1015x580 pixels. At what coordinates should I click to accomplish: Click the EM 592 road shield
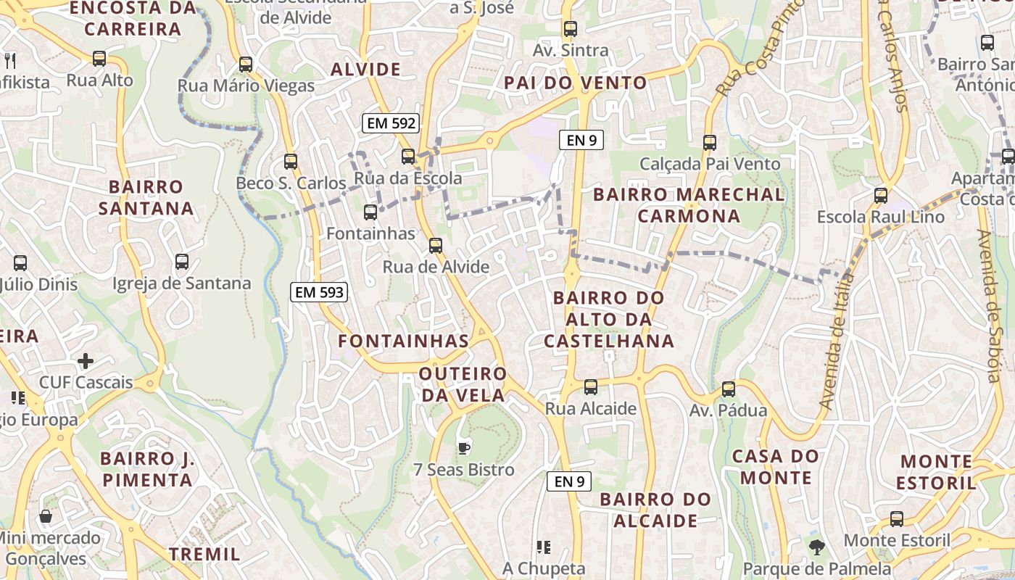pyautogui.click(x=391, y=123)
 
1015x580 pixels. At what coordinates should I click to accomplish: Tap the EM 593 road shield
pyautogui.click(x=319, y=293)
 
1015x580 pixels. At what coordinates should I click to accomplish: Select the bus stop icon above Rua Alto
pyautogui.click(x=99, y=59)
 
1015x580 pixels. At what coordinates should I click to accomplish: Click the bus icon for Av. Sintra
pyautogui.click(x=571, y=29)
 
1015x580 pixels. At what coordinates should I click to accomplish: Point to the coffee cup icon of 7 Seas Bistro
pyautogui.click(x=464, y=447)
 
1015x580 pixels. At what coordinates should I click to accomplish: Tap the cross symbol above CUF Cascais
pyautogui.click(x=86, y=360)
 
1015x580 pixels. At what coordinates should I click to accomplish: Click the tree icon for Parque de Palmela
pyautogui.click(x=817, y=547)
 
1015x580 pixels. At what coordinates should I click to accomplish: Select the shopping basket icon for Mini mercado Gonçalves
pyautogui.click(x=46, y=516)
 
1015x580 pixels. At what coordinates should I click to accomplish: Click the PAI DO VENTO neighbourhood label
pyautogui.click(x=576, y=83)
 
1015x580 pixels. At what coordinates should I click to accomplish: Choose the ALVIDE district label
pyautogui.click(x=365, y=70)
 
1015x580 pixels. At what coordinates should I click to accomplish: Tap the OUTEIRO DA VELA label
pyautogui.click(x=463, y=384)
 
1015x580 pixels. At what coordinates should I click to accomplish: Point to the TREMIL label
pyautogui.click(x=204, y=554)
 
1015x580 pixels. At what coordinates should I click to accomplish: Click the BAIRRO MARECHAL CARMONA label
pyautogui.click(x=689, y=205)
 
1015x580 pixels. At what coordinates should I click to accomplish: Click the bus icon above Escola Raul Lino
pyautogui.click(x=881, y=195)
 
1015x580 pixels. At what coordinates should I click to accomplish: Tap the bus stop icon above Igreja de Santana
pyautogui.click(x=182, y=262)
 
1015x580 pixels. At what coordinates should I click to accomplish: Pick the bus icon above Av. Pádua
pyautogui.click(x=729, y=389)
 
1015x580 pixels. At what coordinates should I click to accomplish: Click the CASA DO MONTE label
pyautogui.click(x=776, y=467)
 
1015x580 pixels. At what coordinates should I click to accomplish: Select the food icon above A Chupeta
pyautogui.click(x=544, y=547)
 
